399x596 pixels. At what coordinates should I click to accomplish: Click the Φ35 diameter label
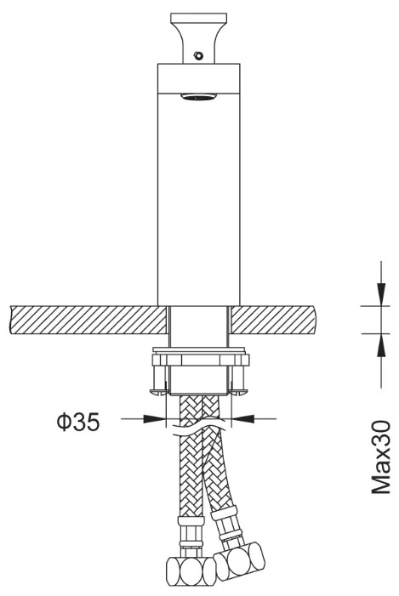pos(78,422)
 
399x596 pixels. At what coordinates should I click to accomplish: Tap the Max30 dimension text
pos(381,457)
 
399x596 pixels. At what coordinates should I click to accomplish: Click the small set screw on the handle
pos(197,55)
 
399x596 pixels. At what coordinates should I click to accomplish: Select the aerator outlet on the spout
pos(198,97)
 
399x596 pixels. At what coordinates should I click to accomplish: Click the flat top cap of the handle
pos(198,18)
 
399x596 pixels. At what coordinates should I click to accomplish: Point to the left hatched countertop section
pos(88,320)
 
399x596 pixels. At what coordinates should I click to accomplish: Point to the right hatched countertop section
pos(273,320)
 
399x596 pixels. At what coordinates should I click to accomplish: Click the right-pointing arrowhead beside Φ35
pos(155,419)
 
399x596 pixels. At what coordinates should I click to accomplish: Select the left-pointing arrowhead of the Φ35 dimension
pos(242,419)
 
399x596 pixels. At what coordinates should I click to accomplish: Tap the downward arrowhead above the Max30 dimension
pos(381,294)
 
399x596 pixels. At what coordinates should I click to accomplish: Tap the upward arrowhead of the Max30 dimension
pos(381,345)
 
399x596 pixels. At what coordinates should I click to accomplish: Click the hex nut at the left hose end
pos(191,570)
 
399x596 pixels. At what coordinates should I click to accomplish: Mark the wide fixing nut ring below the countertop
pos(201,360)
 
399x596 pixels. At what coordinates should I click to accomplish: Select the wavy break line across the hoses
pos(198,427)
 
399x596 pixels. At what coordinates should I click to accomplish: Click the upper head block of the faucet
pos(198,78)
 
